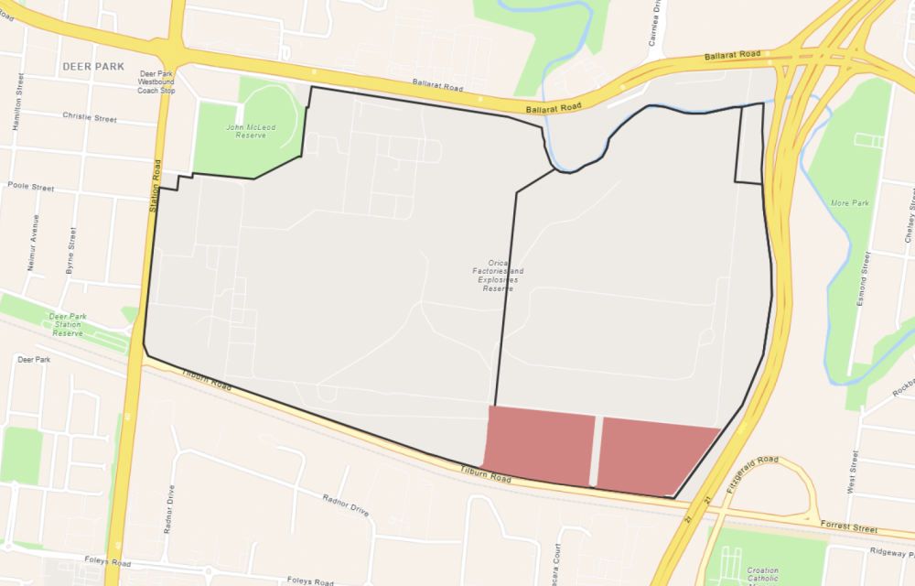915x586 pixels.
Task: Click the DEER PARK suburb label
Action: pos(93,67)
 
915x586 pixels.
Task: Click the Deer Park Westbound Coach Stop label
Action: pos(156,82)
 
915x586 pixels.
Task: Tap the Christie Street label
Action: pos(90,118)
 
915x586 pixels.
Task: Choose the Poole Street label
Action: pos(31,187)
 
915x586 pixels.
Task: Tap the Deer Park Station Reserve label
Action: pos(68,326)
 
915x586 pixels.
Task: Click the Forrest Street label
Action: pos(850,527)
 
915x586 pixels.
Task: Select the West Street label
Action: pos(853,472)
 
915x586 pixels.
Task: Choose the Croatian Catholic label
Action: pos(762,574)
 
